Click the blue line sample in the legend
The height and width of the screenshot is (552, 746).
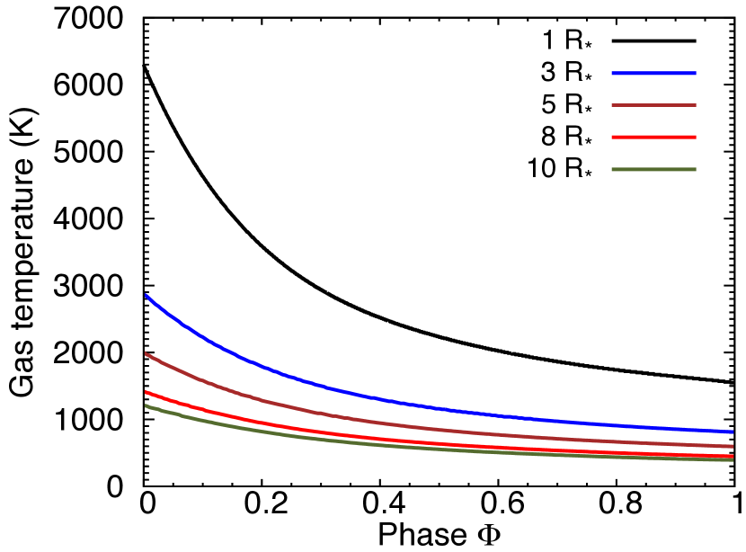653,73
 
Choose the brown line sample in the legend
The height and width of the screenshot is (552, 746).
653,105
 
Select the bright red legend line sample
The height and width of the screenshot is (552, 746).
653,138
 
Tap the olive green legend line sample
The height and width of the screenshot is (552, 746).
653,169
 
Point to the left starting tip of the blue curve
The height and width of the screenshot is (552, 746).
146,295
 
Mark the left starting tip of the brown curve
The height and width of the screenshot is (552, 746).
146,353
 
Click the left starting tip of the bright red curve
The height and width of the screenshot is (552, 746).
146,392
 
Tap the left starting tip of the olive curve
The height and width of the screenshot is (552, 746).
146,405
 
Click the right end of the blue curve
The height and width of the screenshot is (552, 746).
733,432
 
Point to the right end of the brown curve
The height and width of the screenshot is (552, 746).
733,446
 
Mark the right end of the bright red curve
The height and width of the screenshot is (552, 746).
733,456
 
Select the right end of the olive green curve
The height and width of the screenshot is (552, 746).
733,460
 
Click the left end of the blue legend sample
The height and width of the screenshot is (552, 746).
612,73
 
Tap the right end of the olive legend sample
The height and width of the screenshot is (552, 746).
696,169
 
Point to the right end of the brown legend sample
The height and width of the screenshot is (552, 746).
696,105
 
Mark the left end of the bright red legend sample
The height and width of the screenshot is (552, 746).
612,138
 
